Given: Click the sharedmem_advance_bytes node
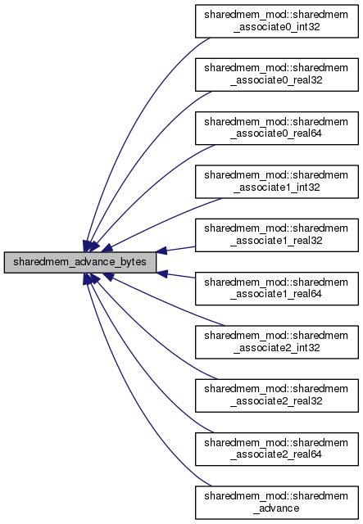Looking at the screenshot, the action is point(80,262).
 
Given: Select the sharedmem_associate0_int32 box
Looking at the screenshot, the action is point(277,21).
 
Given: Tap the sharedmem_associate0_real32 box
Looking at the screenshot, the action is point(277,75).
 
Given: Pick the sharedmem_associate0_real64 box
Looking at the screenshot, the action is point(277,128).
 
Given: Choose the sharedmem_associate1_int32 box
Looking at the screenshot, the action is point(277,182).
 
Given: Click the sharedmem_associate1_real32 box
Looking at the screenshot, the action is point(277,235).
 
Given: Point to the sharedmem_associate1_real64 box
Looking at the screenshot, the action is point(277,288).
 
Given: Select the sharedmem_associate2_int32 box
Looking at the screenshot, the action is point(277,342).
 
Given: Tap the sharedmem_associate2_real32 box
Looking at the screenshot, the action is point(277,395).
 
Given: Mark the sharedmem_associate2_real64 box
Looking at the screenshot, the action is point(277,449).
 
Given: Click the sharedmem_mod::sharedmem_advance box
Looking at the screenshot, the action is point(277,502).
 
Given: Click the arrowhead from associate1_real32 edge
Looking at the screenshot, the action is point(161,251).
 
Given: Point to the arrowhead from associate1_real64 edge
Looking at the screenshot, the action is point(161,273).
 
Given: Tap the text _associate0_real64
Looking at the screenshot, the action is point(276,133).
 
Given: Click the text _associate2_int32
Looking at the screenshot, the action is point(277,347).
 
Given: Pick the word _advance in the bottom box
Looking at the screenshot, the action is point(276,508).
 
